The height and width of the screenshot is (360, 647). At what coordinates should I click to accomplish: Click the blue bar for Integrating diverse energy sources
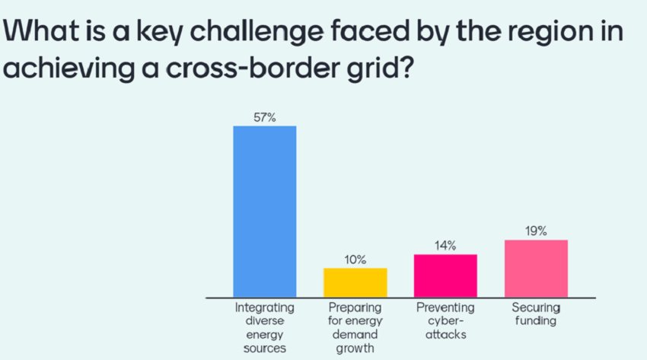tap(264, 211)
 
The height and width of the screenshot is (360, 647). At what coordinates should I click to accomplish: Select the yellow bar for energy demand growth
tap(355, 282)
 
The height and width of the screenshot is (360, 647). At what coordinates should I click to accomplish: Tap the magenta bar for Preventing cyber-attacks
tap(445, 276)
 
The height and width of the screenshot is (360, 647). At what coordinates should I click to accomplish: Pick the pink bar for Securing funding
tap(536, 269)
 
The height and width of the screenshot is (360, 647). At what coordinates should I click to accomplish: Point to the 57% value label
tap(264, 118)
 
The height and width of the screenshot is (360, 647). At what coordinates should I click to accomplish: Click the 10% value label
tap(355, 260)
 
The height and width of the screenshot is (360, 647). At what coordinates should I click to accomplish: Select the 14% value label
tap(445, 246)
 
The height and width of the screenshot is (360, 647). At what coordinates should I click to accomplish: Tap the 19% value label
tap(536, 231)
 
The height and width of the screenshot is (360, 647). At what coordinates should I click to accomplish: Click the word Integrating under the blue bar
tap(264, 307)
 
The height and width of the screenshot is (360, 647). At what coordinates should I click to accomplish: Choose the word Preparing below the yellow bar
tap(355, 307)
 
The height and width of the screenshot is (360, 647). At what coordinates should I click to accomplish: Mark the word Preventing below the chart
tap(445, 307)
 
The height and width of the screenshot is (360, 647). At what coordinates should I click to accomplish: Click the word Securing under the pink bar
tap(536, 307)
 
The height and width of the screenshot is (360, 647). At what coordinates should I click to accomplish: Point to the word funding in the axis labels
tap(536, 320)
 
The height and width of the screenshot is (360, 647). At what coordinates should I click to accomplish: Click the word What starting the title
tap(41, 31)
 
